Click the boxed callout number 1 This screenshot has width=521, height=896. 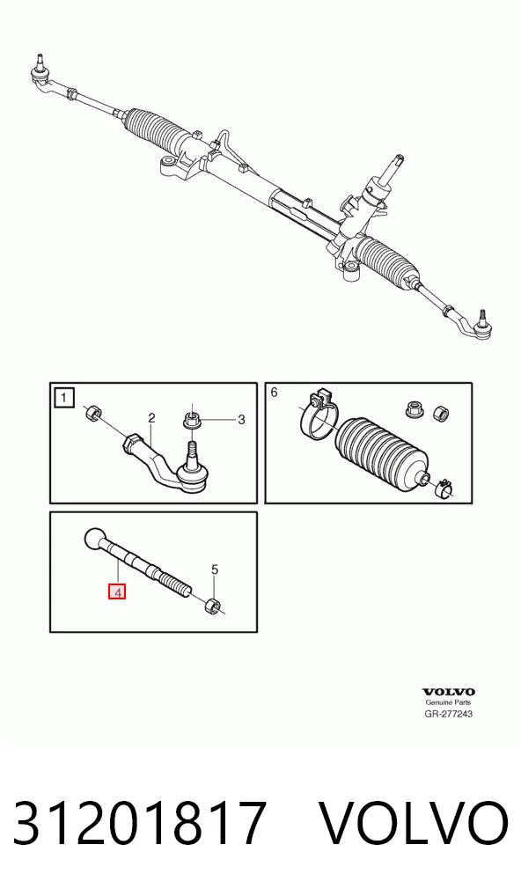64,397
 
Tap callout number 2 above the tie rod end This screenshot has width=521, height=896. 151,418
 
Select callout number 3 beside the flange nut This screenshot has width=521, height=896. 241,420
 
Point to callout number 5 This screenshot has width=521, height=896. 215,569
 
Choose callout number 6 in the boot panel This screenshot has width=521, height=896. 274,392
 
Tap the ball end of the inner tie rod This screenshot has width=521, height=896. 95,539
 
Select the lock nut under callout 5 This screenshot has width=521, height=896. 213,604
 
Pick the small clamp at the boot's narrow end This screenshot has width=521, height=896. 444,487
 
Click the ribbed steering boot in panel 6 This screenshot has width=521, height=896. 383,452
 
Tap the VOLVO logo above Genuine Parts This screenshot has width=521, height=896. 449,692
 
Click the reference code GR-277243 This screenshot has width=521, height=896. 449,713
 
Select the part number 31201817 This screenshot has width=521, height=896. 140,823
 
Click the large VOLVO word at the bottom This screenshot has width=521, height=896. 413,823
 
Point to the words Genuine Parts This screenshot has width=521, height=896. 449,702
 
